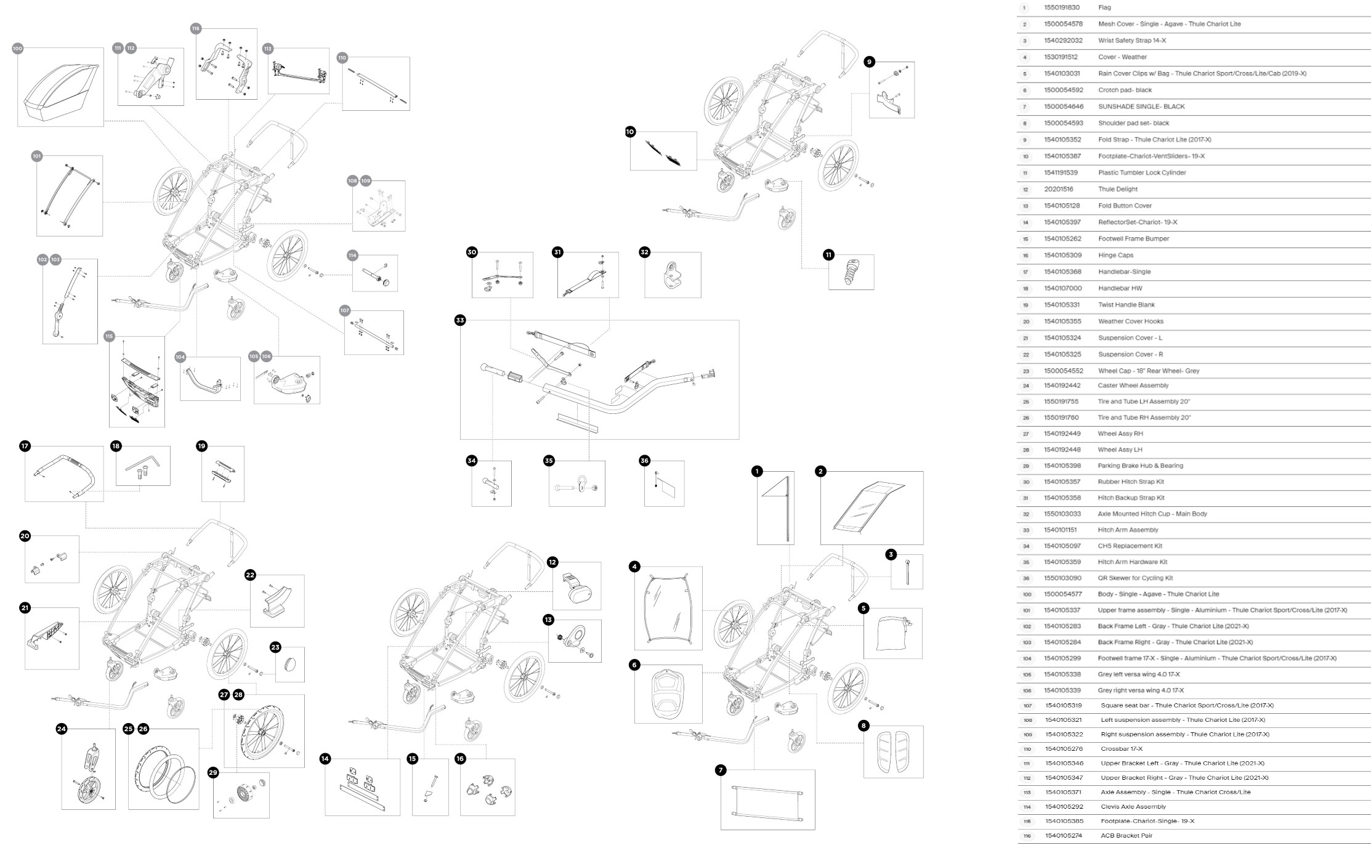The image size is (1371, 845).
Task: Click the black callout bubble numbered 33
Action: pos(460,320)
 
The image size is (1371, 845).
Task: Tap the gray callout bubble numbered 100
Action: pos(17,48)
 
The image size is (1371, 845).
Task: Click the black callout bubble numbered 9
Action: pos(869,62)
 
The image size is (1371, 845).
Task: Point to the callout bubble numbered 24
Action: pos(62,729)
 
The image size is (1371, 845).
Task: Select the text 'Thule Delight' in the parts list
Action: pos(1118,189)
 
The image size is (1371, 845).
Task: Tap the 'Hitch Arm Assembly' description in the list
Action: pos(1128,530)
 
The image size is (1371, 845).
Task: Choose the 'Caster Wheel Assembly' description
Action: pos(1133,386)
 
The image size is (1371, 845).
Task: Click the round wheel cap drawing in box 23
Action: pos(289,665)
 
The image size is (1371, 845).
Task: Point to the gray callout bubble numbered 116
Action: pos(196,28)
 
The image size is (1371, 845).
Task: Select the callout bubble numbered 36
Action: pos(644,461)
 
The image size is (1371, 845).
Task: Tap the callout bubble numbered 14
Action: pos(325,759)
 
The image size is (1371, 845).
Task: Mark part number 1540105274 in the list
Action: pos(1064,836)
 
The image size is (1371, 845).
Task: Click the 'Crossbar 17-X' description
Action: pos(1122,749)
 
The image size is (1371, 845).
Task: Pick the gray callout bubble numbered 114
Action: pos(352,255)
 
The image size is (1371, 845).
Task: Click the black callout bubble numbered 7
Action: pos(721,770)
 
